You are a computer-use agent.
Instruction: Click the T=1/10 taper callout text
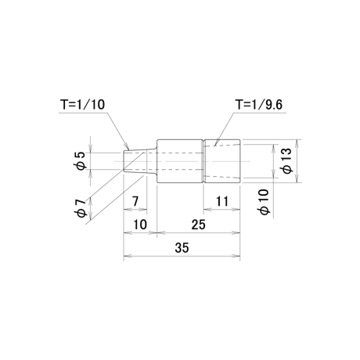[83, 104]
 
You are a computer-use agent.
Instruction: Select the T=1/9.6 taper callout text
[259, 105]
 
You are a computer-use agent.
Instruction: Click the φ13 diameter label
[287, 160]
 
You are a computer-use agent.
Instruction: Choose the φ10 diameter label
[265, 202]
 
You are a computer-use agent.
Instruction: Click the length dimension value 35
[182, 247]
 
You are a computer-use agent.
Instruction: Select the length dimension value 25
[199, 225]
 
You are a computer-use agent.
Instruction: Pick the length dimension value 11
[222, 201]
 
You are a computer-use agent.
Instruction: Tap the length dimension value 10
[140, 225]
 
